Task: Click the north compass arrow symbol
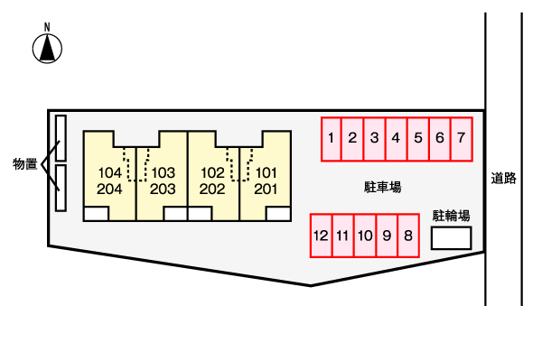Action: pyautogui.click(x=47, y=49)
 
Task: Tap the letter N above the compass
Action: pyautogui.click(x=47, y=27)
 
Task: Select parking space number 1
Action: pyautogui.click(x=332, y=139)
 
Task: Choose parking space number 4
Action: pyautogui.click(x=397, y=139)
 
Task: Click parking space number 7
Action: pyautogui.click(x=462, y=139)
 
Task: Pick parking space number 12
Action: pyautogui.click(x=321, y=236)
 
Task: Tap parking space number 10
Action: pyautogui.click(x=365, y=236)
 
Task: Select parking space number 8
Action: pyautogui.click(x=408, y=236)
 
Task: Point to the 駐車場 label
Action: pyautogui.click(x=383, y=187)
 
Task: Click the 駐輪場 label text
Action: pyautogui.click(x=451, y=216)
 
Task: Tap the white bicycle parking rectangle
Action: pyautogui.click(x=451, y=238)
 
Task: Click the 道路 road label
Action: pyautogui.click(x=504, y=179)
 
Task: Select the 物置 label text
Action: pyautogui.click(x=25, y=163)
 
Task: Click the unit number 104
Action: pyautogui.click(x=110, y=172)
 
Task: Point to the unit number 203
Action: pyautogui.click(x=163, y=189)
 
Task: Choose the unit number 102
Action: pyautogui.click(x=213, y=172)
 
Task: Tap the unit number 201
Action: pyautogui.click(x=266, y=189)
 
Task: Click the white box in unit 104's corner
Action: pyautogui.click(x=96, y=214)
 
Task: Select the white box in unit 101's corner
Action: pyautogui.click(x=278, y=214)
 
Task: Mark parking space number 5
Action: pyautogui.click(x=418, y=139)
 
